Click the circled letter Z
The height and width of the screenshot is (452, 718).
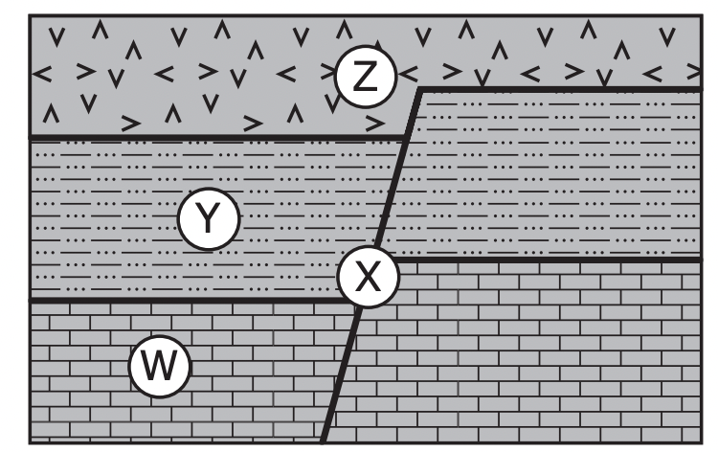pos(365,77)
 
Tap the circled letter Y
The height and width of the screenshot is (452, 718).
pos(209,218)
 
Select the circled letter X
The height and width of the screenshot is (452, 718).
pos(369,277)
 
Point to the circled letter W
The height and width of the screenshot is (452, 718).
pos(159,366)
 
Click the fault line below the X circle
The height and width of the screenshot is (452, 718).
pos(341,375)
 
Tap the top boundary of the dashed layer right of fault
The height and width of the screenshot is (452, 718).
pos(561,88)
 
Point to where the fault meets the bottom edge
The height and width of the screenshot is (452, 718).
pos(323,442)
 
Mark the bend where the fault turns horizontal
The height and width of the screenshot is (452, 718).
pos(419,88)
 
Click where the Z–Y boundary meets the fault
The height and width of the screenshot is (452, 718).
pos(406,137)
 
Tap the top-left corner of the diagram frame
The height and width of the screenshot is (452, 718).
pos(31,16)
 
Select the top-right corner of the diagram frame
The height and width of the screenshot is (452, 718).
pos(702,16)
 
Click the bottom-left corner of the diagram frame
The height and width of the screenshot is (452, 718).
pos(31,442)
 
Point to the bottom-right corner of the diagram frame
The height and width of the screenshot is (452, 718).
pos(702,442)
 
